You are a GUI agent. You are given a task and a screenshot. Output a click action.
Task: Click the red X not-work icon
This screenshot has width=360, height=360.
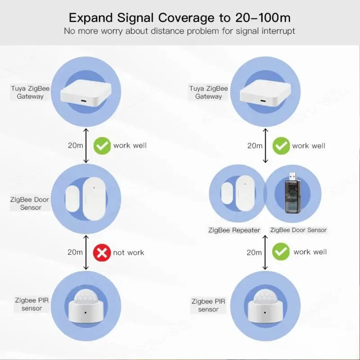tap(102, 252)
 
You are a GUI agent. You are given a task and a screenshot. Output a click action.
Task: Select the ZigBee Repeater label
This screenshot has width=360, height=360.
tap(234, 230)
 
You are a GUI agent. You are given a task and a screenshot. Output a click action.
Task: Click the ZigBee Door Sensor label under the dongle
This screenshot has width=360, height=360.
tap(298, 230)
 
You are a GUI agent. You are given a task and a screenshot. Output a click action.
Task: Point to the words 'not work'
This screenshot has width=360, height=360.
tap(129, 252)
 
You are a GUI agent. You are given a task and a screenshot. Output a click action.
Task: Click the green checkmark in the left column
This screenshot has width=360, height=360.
tap(102, 146)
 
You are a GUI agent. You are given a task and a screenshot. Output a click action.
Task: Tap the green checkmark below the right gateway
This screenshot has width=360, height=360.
tap(281, 146)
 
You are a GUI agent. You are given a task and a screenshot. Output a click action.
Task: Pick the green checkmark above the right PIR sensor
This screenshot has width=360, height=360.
tap(281, 252)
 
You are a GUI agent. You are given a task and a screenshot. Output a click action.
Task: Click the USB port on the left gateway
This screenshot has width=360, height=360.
tap(84, 101)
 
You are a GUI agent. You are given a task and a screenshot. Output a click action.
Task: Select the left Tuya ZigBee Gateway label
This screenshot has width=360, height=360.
tap(30, 92)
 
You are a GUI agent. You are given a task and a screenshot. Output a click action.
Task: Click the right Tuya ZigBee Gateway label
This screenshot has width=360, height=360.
tap(208, 92)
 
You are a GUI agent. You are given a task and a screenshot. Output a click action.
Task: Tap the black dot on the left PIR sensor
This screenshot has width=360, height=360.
tap(85, 312)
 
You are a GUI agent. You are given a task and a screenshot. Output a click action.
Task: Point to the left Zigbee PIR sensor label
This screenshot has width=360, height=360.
tap(31, 304)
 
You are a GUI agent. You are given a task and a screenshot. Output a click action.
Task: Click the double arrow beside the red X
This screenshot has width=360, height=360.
tap(86, 252)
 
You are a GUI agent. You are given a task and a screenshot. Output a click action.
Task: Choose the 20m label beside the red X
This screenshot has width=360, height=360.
tap(75, 252)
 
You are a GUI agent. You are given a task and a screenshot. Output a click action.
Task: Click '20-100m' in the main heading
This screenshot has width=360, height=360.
tap(263, 18)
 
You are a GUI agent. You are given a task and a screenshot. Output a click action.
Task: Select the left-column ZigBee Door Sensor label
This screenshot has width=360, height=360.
tap(30, 203)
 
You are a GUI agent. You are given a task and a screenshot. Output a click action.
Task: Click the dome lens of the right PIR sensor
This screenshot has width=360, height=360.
tap(265, 296)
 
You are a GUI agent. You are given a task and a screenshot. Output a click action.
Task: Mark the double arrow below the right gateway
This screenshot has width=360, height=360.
tap(265, 145)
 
